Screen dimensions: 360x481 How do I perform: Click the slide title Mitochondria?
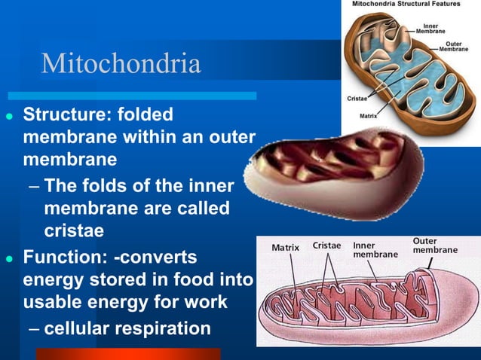click(x=121, y=63)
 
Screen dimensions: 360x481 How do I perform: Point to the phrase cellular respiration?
click(x=127, y=328)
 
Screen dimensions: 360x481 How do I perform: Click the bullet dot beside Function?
click(x=9, y=259)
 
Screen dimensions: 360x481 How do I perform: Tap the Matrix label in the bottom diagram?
click(x=284, y=247)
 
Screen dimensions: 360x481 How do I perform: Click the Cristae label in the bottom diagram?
click(x=326, y=246)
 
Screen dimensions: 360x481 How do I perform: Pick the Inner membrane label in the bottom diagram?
click(x=375, y=250)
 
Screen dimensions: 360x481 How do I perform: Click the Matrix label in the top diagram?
click(x=368, y=117)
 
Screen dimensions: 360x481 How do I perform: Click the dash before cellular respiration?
click(x=35, y=329)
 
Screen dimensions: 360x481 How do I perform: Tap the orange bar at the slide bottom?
click(x=128, y=354)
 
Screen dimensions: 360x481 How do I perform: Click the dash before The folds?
click(x=35, y=185)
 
